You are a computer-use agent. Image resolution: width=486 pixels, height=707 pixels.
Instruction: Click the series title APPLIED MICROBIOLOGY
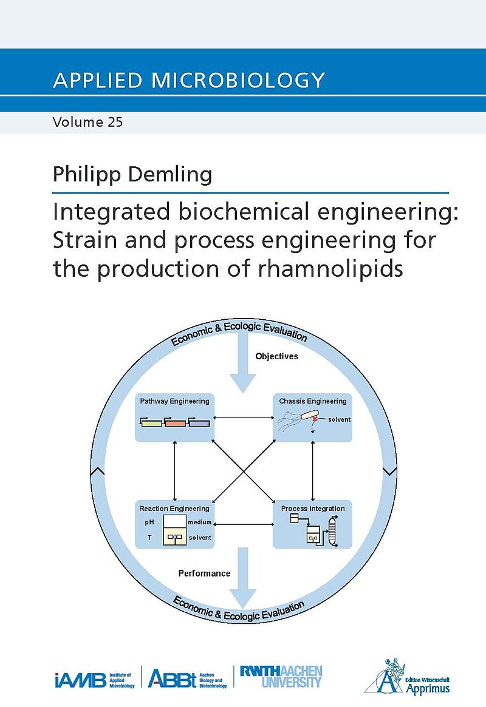click(x=189, y=80)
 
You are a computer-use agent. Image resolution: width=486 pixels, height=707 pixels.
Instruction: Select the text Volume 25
click(x=87, y=122)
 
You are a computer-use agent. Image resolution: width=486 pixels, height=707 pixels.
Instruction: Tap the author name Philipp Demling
click(x=132, y=175)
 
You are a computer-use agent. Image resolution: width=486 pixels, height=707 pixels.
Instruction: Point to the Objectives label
click(x=276, y=356)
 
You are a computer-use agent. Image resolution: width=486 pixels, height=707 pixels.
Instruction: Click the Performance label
click(x=204, y=573)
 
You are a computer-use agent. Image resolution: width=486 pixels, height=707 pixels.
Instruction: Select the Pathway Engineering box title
click(x=174, y=401)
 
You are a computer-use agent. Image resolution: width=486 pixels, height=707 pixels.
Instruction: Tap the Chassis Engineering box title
click(x=313, y=401)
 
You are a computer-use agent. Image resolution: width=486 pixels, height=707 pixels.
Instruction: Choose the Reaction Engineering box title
click(x=174, y=509)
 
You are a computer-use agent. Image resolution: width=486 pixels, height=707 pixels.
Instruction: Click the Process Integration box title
click(x=313, y=509)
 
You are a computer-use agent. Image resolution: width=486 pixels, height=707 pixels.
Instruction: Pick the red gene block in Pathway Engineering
click(x=175, y=423)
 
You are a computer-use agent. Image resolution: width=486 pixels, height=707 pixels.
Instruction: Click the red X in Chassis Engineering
click(x=315, y=419)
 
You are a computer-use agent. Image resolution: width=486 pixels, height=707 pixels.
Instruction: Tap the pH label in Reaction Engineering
click(x=149, y=522)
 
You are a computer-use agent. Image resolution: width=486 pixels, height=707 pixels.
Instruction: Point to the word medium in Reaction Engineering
click(x=200, y=522)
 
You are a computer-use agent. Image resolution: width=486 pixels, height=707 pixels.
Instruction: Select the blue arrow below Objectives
click(x=243, y=366)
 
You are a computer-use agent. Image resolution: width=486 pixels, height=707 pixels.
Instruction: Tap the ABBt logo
click(x=172, y=678)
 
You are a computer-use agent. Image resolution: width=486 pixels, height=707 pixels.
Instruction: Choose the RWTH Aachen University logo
click(x=281, y=676)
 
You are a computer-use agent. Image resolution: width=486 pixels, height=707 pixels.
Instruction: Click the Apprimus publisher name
click(x=428, y=689)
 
